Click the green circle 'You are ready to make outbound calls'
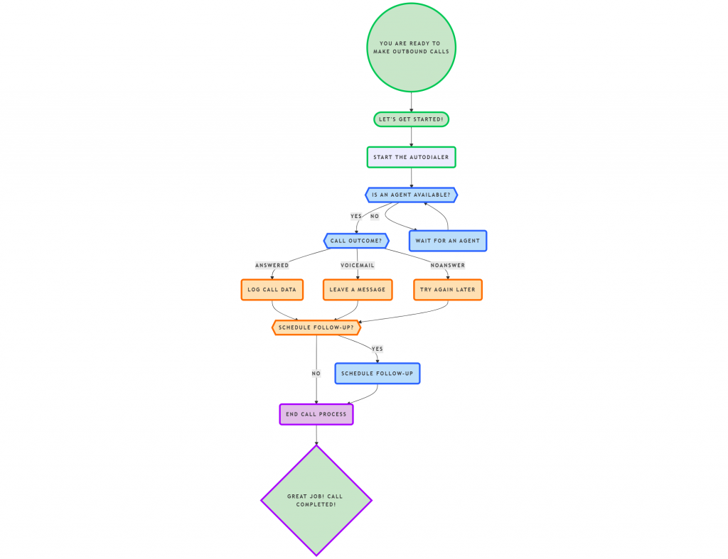click(411, 48)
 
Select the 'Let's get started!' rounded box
click(411, 119)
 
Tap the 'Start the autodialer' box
click(411, 157)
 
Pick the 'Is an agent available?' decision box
click(411, 195)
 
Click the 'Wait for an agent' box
click(447, 241)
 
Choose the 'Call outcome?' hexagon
click(356, 241)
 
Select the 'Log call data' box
click(272, 290)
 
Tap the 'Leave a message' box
click(357, 290)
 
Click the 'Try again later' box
click(447, 290)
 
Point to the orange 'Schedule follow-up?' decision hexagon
click(316, 327)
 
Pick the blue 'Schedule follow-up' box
click(377, 374)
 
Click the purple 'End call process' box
click(316, 414)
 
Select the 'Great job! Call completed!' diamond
click(316, 500)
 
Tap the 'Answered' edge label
click(272, 266)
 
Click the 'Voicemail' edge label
click(357, 266)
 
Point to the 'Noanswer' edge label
click(447, 266)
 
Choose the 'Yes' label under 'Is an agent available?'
click(356, 216)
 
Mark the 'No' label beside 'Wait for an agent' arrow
click(375, 216)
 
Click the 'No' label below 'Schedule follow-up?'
click(316, 374)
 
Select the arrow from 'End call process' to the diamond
click(316, 435)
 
